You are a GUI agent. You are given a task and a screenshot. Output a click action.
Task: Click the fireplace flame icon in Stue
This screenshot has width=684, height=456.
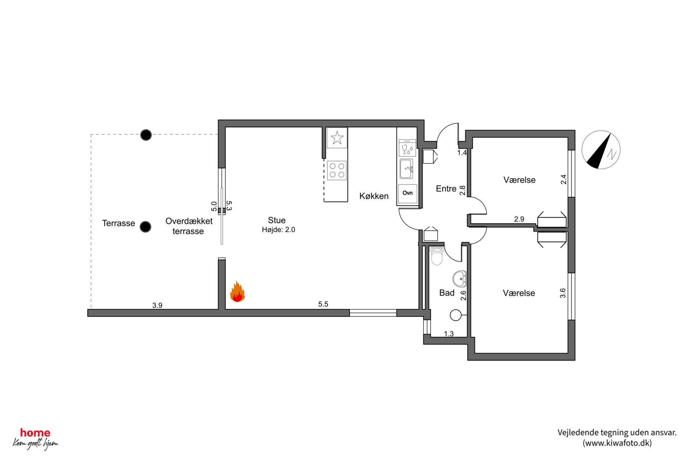238,292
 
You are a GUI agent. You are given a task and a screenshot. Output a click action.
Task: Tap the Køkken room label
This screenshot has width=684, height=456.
374,196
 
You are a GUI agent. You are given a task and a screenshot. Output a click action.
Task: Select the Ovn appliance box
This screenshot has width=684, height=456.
408,194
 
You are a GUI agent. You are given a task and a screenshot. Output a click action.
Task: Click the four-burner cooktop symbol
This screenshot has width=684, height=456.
337,170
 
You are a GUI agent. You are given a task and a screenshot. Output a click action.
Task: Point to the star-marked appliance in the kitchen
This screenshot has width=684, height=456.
337,138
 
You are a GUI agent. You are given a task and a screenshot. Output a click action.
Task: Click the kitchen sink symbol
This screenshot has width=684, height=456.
407,169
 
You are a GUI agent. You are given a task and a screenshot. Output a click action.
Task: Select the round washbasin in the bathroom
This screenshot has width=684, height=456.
460,278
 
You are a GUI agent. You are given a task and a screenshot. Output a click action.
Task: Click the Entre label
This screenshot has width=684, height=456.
446,189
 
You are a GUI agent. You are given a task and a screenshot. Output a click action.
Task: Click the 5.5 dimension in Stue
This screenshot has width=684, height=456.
323,304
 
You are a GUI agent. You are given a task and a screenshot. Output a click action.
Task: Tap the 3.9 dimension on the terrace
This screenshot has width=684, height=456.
157,305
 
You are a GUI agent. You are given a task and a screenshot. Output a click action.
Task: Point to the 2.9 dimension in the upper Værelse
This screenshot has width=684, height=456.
519,219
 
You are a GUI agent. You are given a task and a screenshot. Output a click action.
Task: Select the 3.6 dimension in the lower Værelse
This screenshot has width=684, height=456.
563,293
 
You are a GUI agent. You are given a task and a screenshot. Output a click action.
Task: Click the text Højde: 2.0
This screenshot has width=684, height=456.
278,230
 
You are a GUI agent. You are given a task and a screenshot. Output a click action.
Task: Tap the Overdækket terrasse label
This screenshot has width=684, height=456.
189,226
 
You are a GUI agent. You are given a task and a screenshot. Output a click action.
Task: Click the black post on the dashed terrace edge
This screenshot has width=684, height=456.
146,135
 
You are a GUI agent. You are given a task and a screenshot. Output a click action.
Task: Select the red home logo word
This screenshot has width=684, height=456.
35,433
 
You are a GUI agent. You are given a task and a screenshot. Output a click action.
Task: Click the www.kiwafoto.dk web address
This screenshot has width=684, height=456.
617,443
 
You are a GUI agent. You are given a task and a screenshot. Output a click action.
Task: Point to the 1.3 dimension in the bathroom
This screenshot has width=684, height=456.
449,334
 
